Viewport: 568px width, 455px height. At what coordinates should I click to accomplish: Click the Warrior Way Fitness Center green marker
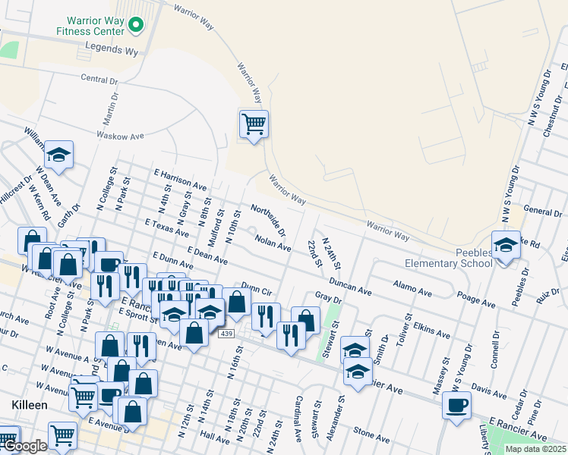point(136,26)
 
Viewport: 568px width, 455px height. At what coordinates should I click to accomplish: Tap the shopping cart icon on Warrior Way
point(253,123)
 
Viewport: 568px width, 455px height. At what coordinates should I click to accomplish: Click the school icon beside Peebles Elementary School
point(506,246)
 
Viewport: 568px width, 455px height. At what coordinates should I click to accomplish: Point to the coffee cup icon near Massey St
point(456,405)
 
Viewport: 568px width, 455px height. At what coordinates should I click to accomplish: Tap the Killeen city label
point(30,406)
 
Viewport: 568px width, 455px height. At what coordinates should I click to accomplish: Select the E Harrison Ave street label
point(180,180)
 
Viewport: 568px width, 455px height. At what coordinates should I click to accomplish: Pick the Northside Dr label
point(268,218)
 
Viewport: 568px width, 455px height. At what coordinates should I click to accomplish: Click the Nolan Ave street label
point(273,243)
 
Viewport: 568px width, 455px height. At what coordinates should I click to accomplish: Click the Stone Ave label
point(371,435)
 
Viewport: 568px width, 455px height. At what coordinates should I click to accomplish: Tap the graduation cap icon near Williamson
point(58,155)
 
